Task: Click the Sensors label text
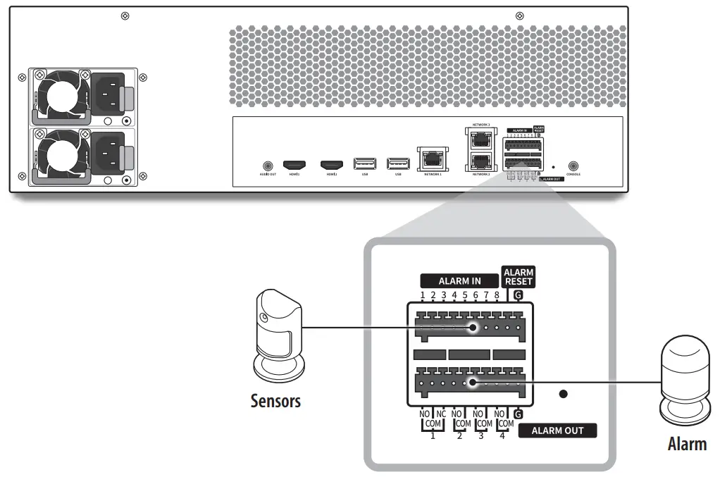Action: (x=275, y=401)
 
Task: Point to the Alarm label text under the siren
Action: (x=687, y=444)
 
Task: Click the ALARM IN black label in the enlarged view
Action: (x=459, y=280)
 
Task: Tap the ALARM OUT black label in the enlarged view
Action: (x=557, y=430)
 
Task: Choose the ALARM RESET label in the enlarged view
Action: (x=519, y=277)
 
